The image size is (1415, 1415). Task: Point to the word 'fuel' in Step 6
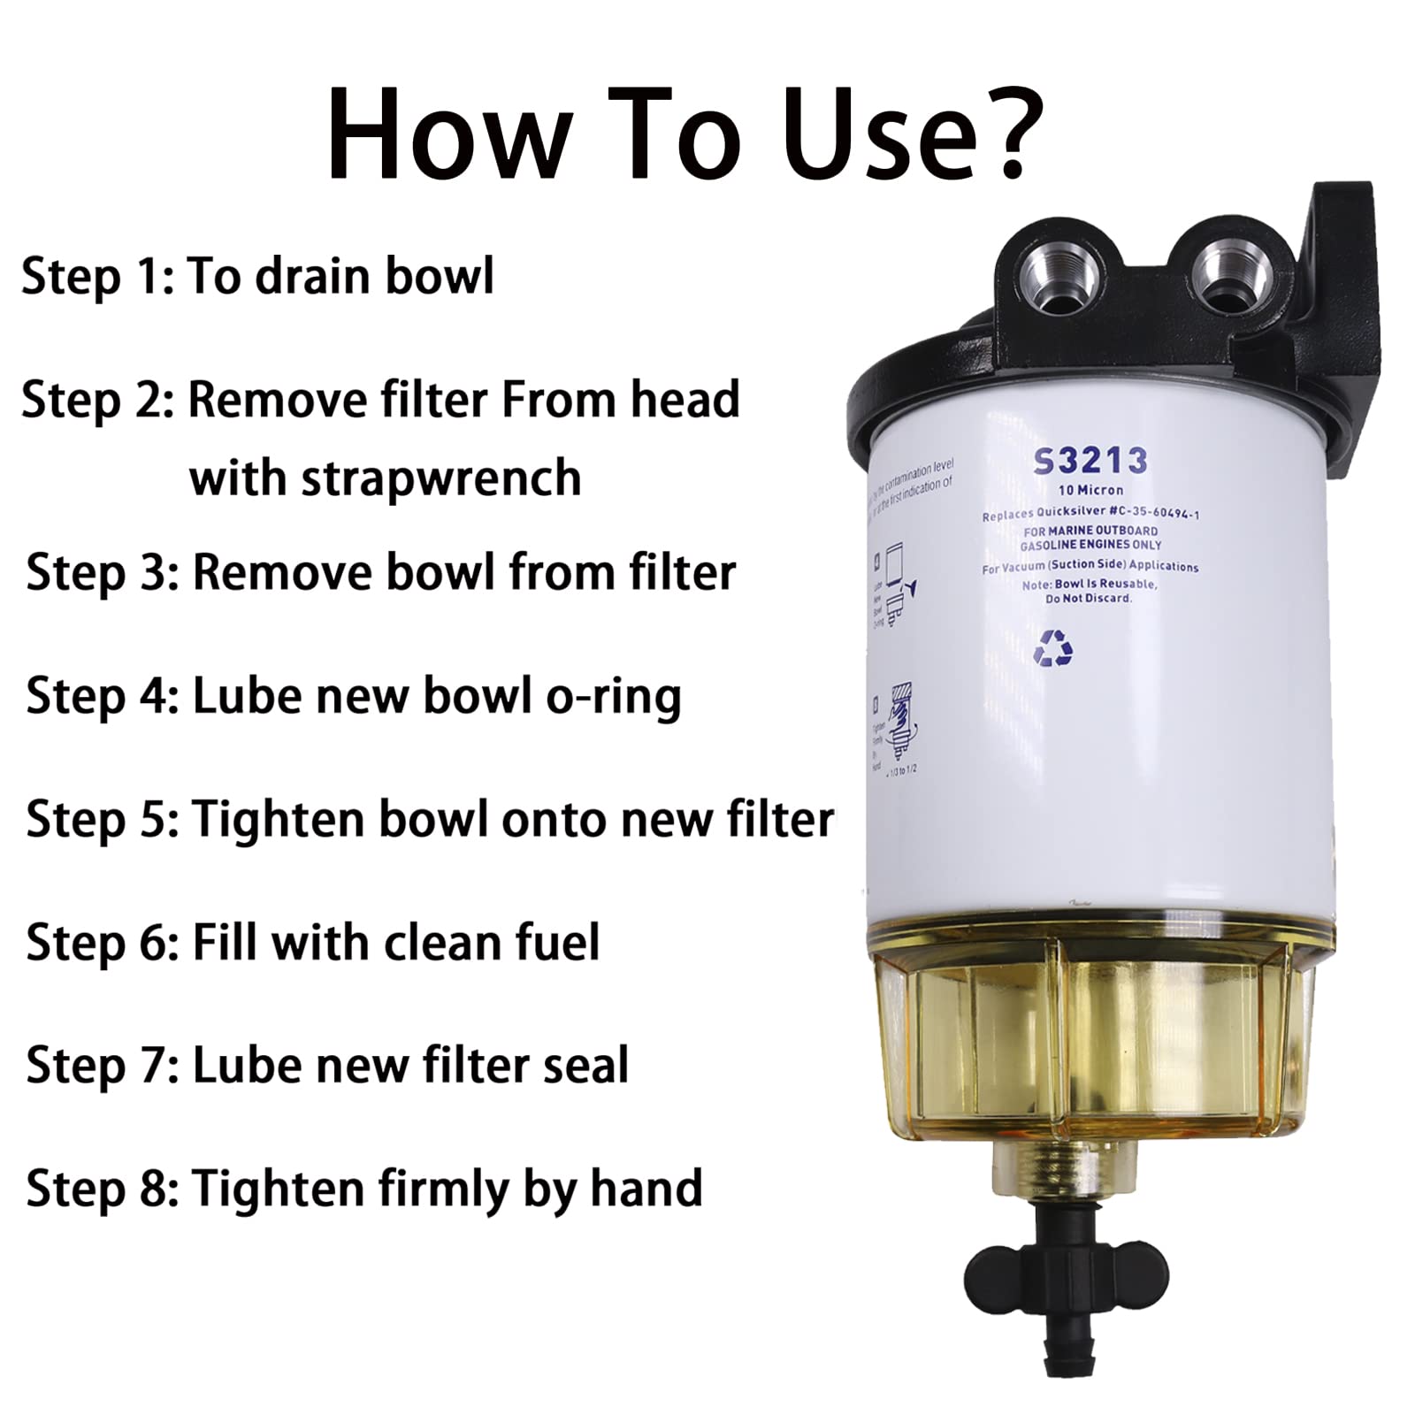tap(554, 942)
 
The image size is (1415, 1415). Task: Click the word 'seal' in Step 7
tap(583, 1065)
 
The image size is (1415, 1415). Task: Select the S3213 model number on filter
tap(1090, 461)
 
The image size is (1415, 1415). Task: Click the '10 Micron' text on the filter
tap(1090, 490)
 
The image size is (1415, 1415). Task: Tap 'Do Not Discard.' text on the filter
tap(1088, 599)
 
